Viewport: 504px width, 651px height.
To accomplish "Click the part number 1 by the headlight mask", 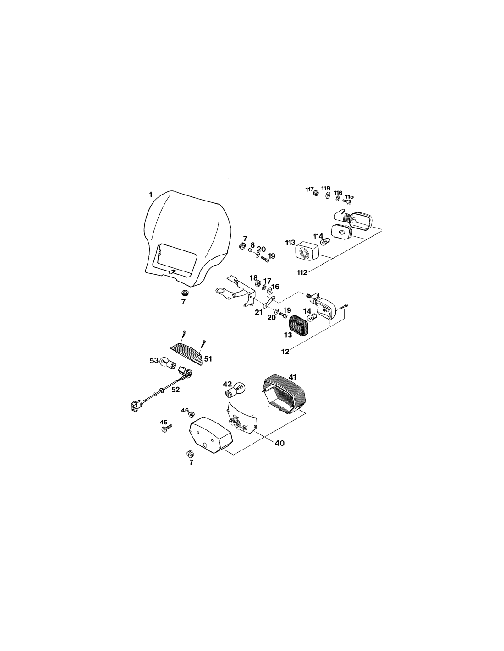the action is [151, 195].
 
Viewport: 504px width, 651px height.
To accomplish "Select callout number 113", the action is [290, 243].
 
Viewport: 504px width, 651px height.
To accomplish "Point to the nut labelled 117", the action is [315, 193].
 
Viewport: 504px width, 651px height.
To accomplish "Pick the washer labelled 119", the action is [328, 195].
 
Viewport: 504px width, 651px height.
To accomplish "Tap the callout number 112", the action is [302, 272].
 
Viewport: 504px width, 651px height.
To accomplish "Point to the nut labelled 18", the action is [257, 283].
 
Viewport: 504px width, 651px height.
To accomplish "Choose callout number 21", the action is [259, 313].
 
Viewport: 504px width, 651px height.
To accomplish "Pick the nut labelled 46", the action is [191, 414].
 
